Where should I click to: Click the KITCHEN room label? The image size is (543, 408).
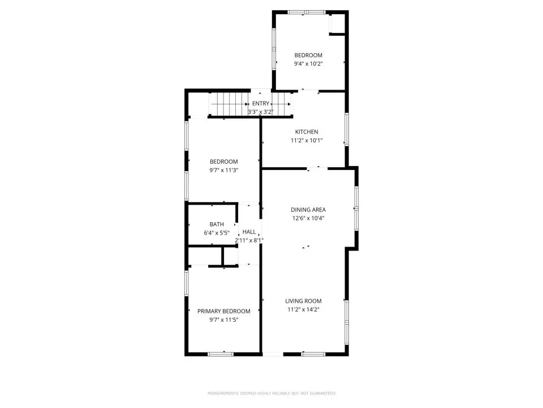(307, 132)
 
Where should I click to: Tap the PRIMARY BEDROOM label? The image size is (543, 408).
(224, 311)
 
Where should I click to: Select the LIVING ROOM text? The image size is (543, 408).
(303, 301)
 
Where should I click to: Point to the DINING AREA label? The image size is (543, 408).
(308, 210)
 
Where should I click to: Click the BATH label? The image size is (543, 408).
(217, 224)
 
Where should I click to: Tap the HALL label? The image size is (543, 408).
(249, 232)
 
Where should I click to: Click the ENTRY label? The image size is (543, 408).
(260, 103)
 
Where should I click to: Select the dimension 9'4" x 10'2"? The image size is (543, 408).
(308, 64)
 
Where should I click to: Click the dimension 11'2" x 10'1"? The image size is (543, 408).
(307, 141)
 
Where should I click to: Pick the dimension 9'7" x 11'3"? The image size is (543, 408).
(224, 171)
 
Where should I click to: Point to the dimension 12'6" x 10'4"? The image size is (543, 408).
(308, 218)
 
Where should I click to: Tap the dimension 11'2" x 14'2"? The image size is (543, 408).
(303, 309)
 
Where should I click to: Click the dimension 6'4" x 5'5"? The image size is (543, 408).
(217, 233)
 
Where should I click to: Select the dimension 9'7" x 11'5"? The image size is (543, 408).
(224, 320)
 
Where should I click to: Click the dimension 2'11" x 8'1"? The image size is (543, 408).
(249, 240)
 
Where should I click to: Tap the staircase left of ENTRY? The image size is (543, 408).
(229, 104)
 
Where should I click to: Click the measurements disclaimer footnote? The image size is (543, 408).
(272, 393)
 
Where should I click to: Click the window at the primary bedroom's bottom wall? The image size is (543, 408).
(221, 354)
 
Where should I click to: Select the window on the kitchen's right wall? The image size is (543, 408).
(346, 129)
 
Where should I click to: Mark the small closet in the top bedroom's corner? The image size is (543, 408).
(337, 24)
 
